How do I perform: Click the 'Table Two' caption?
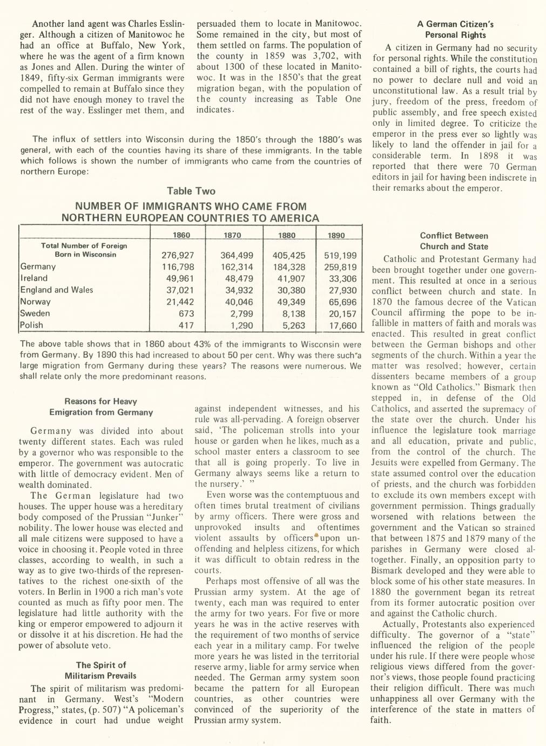point(191,191)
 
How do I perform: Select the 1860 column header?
point(181,235)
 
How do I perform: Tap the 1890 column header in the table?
point(336,235)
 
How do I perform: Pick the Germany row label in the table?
point(38,267)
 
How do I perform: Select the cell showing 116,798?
point(178,267)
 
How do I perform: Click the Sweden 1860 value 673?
point(186,314)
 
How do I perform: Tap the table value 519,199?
point(340,255)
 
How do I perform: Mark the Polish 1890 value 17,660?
point(342,325)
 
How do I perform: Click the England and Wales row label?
point(56,290)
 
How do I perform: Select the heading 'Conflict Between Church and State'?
point(454,241)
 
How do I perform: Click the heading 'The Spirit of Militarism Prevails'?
point(100,670)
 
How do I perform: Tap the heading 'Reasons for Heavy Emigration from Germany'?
point(101,407)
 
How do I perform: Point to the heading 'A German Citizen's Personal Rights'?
point(455,30)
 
